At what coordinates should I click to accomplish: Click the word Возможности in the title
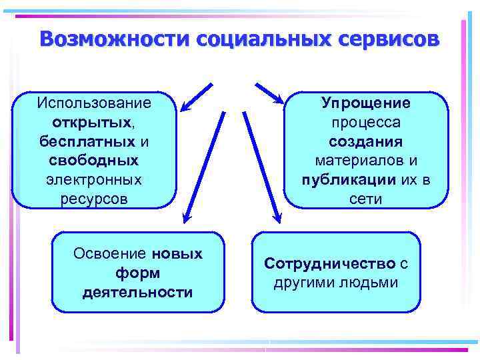pyautogui.click(x=113, y=39)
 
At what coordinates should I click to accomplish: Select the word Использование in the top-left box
pyautogui.click(x=94, y=103)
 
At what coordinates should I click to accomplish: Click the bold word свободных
pyautogui.click(x=94, y=161)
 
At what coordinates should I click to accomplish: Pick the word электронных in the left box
pyautogui.click(x=94, y=180)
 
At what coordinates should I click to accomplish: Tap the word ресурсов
pyautogui.click(x=94, y=199)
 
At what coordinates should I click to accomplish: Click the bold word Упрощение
pyautogui.click(x=366, y=103)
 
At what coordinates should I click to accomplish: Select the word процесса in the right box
pyautogui.click(x=366, y=123)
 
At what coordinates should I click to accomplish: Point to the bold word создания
pyautogui.click(x=366, y=142)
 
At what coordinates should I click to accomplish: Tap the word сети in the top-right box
pyautogui.click(x=366, y=199)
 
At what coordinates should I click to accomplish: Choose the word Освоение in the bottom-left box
pyautogui.click(x=110, y=254)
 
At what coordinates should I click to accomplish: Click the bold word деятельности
pyautogui.click(x=137, y=292)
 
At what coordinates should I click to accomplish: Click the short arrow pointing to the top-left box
pyautogui.click(x=197, y=97)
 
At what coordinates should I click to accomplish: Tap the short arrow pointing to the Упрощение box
pyautogui.click(x=269, y=94)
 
